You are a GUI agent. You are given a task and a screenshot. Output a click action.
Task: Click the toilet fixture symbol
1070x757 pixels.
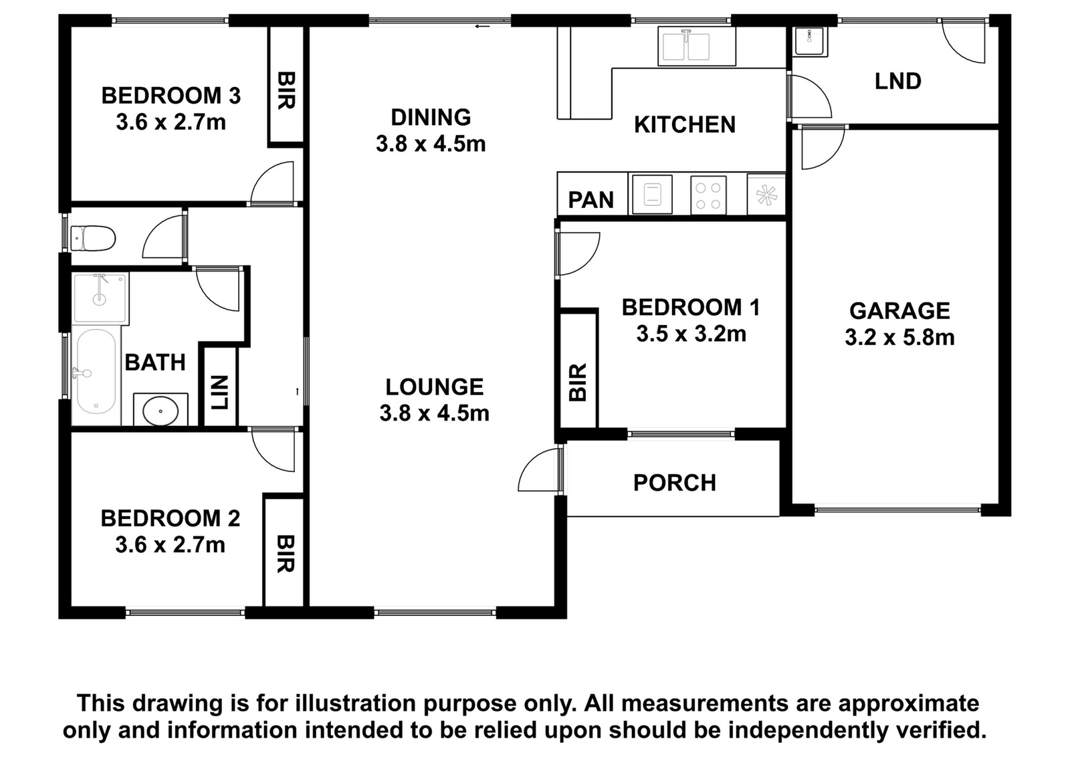(93, 238)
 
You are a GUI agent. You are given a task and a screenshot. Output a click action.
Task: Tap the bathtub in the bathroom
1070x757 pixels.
(96, 372)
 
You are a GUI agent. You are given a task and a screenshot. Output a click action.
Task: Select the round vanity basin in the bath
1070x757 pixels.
(160, 410)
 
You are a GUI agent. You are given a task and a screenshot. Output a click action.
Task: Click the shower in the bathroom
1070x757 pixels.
(100, 298)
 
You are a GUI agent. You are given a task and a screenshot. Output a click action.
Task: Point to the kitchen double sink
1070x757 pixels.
(696, 46)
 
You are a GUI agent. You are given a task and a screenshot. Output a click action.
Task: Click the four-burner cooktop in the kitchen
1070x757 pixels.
(708, 195)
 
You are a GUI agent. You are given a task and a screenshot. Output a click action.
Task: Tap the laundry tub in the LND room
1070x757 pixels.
(811, 41)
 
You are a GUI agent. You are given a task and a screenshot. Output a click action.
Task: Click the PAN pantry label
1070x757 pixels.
(591, 200)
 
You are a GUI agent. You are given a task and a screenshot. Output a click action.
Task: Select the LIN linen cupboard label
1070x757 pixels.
(221, 393)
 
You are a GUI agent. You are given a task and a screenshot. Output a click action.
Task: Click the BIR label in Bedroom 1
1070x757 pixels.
(578, 382)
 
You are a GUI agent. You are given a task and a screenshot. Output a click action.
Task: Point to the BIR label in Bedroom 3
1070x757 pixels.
(286, 90)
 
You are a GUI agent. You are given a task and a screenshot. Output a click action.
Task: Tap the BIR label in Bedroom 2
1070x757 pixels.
(285, 554)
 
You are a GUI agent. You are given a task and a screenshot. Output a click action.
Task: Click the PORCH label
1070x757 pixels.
(675, 483)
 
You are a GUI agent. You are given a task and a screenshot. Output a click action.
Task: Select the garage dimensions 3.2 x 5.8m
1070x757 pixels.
(899, 337)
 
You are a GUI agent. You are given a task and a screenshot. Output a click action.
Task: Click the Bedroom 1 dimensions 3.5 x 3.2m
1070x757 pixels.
(691, 334)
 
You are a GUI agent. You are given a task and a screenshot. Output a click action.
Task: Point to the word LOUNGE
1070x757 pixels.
(434, 387)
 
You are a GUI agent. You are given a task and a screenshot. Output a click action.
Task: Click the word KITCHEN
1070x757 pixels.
(685, 124)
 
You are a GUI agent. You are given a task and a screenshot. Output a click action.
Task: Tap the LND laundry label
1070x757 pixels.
(898, 81)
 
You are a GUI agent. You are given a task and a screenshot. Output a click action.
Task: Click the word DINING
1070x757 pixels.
(431, 117)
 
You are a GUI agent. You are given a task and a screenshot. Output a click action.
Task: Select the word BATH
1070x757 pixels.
(154, 362)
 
